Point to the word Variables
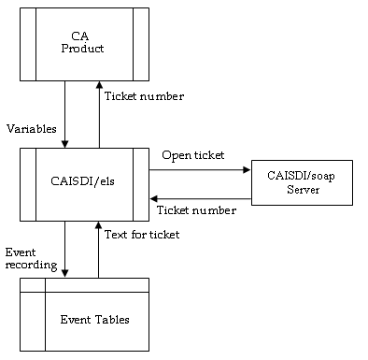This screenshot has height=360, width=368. coord(30,127)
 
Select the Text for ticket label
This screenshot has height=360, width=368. coord(141,234)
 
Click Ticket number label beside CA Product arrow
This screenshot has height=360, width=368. coord(144,96)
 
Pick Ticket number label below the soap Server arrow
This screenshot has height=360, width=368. coord(193,212)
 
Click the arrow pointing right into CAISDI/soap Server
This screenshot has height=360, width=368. coord(201,170)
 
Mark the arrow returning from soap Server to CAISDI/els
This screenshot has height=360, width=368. coord(201,197)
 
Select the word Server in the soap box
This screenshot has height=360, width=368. coord(303,190)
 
